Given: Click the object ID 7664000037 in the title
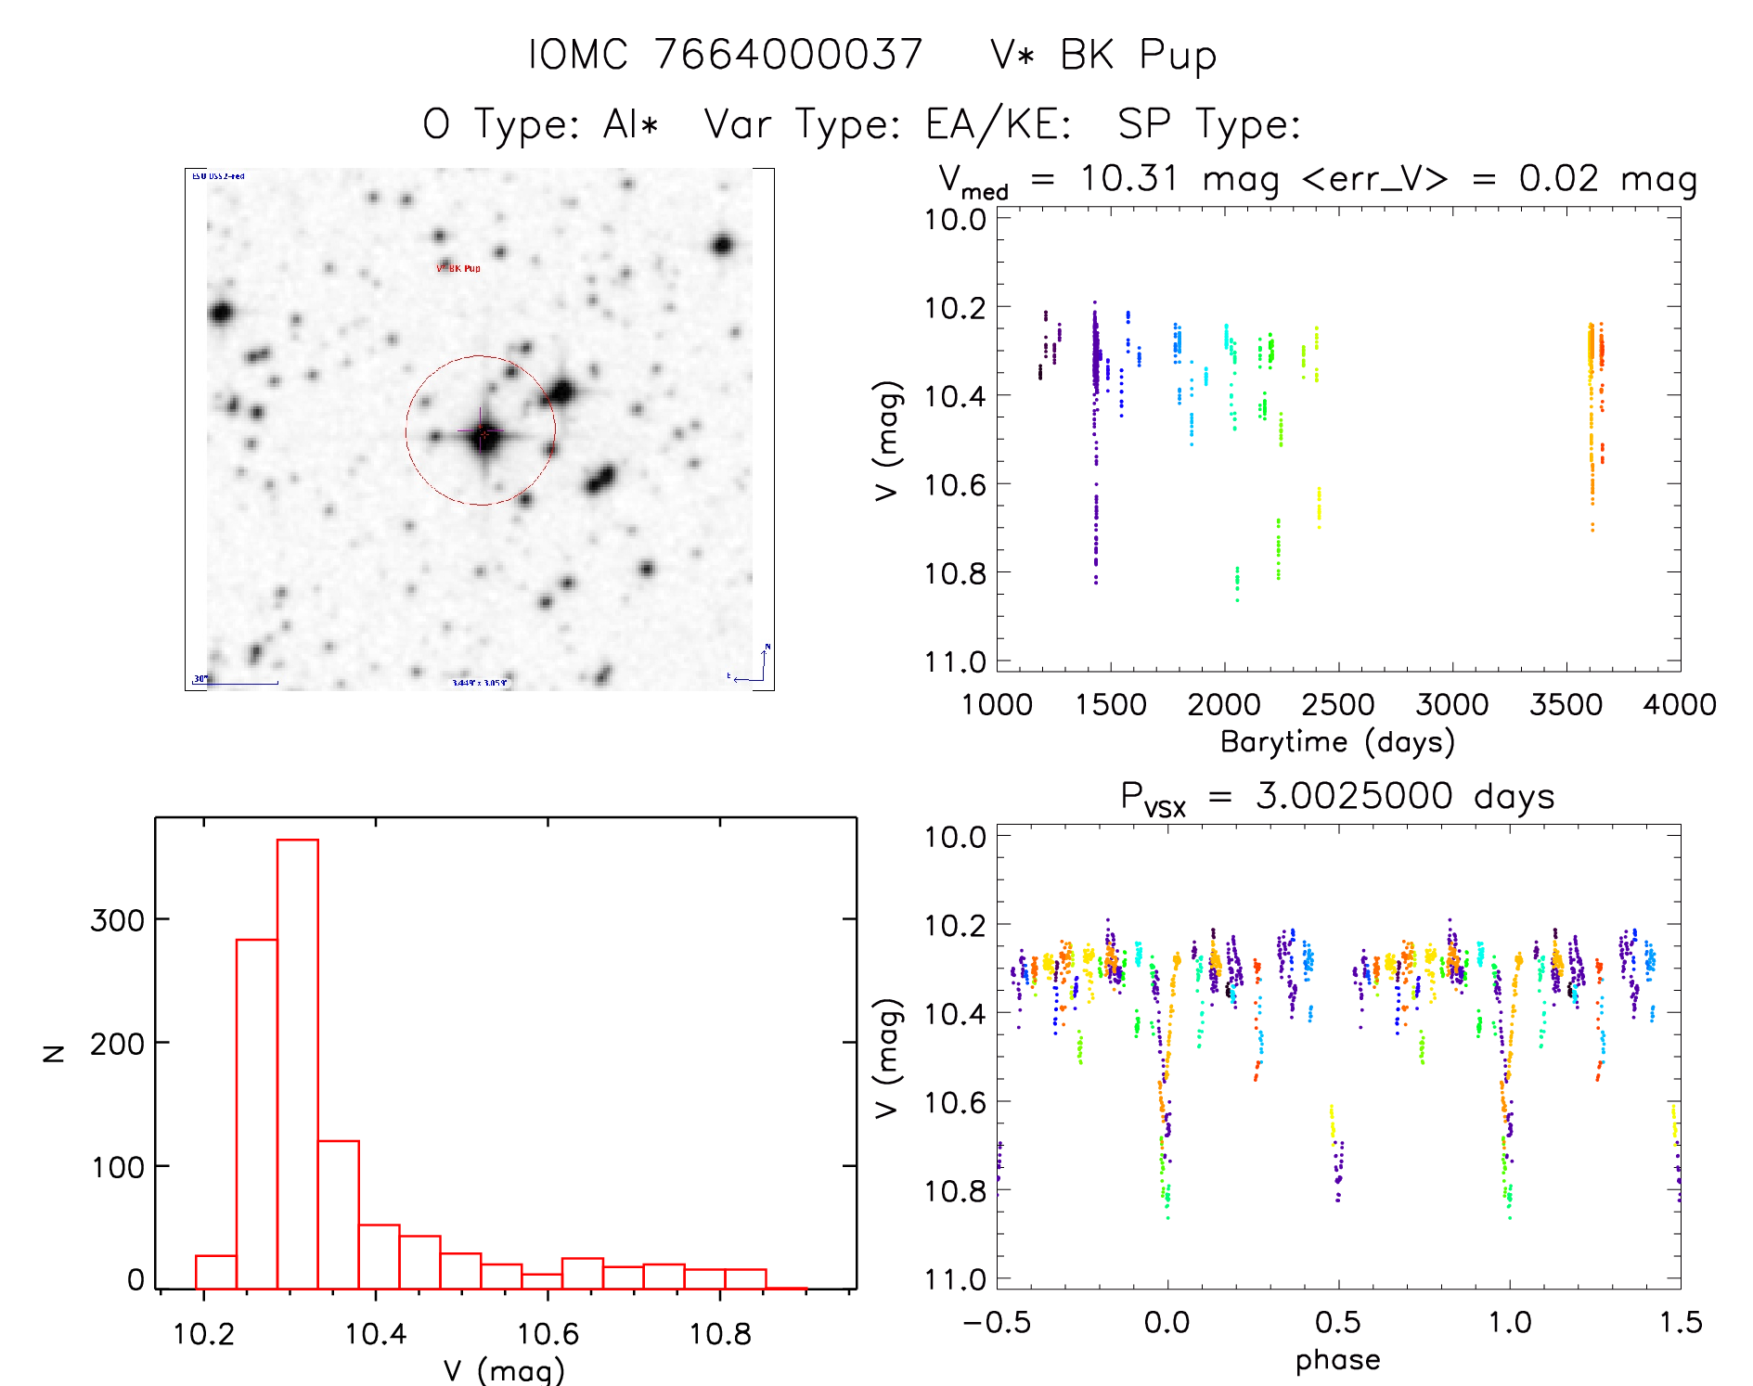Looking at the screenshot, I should pyautogui.click(x=788, y=55).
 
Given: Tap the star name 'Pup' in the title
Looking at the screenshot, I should pyautogui.click(x=1178, y=57).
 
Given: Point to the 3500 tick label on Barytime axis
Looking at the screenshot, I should pyautogui.click(x=1566, y=705).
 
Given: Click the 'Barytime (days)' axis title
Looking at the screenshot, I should pyautogui.click(x=1337, y=742).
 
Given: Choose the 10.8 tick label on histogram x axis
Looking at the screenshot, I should pyautogui.click(x=719, y=1334).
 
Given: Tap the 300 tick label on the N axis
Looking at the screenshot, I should pyautogui.click(x=118, y=920).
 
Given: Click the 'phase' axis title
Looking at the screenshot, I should pyautogui.click(x=1337, y=1360).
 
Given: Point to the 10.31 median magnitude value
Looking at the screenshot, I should pyautogui.click(x=1128, y=178).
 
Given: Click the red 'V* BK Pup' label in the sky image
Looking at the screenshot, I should pyautogui.click(x=458, y=268).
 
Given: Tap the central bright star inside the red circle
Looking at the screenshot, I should pyautogui.click(x=483, y=433).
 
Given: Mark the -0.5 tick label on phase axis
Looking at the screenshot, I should pyautogui.click(x=997, y=1323).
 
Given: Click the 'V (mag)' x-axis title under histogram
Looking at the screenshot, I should pyautogui.click(x=504, y=1369).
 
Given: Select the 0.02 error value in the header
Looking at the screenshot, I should pyautogui.click(x=1558, y=178).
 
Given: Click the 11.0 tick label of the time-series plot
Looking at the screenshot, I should pyautogui.click(x=955, y=662).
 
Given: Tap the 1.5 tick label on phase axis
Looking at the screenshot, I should pyautogui.click(x=1680, y=1323).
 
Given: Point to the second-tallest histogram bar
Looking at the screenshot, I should pyautogui.click(x=257, y=1113).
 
